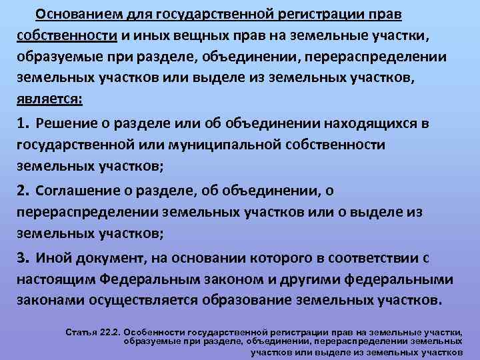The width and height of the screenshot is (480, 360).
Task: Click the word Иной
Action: point(54,257)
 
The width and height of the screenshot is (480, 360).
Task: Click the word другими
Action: point(313,279)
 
